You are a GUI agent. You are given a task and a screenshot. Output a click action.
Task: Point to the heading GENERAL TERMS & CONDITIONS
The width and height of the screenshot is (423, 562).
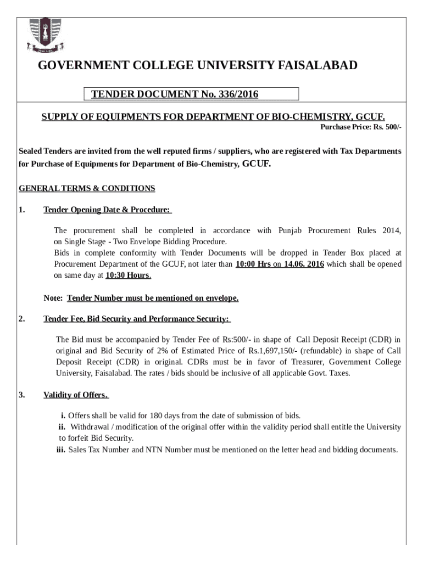(x=87, y=188)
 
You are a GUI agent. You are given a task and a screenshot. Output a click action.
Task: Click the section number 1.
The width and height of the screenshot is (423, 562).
(x=21, y=210)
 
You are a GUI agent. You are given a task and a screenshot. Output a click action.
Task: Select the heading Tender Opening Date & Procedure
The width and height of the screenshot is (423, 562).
(x=107, y=210)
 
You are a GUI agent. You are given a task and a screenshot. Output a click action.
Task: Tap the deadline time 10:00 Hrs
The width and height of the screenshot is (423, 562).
(x=253, y=264)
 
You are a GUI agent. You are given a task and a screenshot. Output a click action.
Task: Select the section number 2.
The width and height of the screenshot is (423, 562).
(x=21, y=319)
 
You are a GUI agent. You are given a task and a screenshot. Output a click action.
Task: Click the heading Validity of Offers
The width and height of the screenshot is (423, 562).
(x=76, y=395)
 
